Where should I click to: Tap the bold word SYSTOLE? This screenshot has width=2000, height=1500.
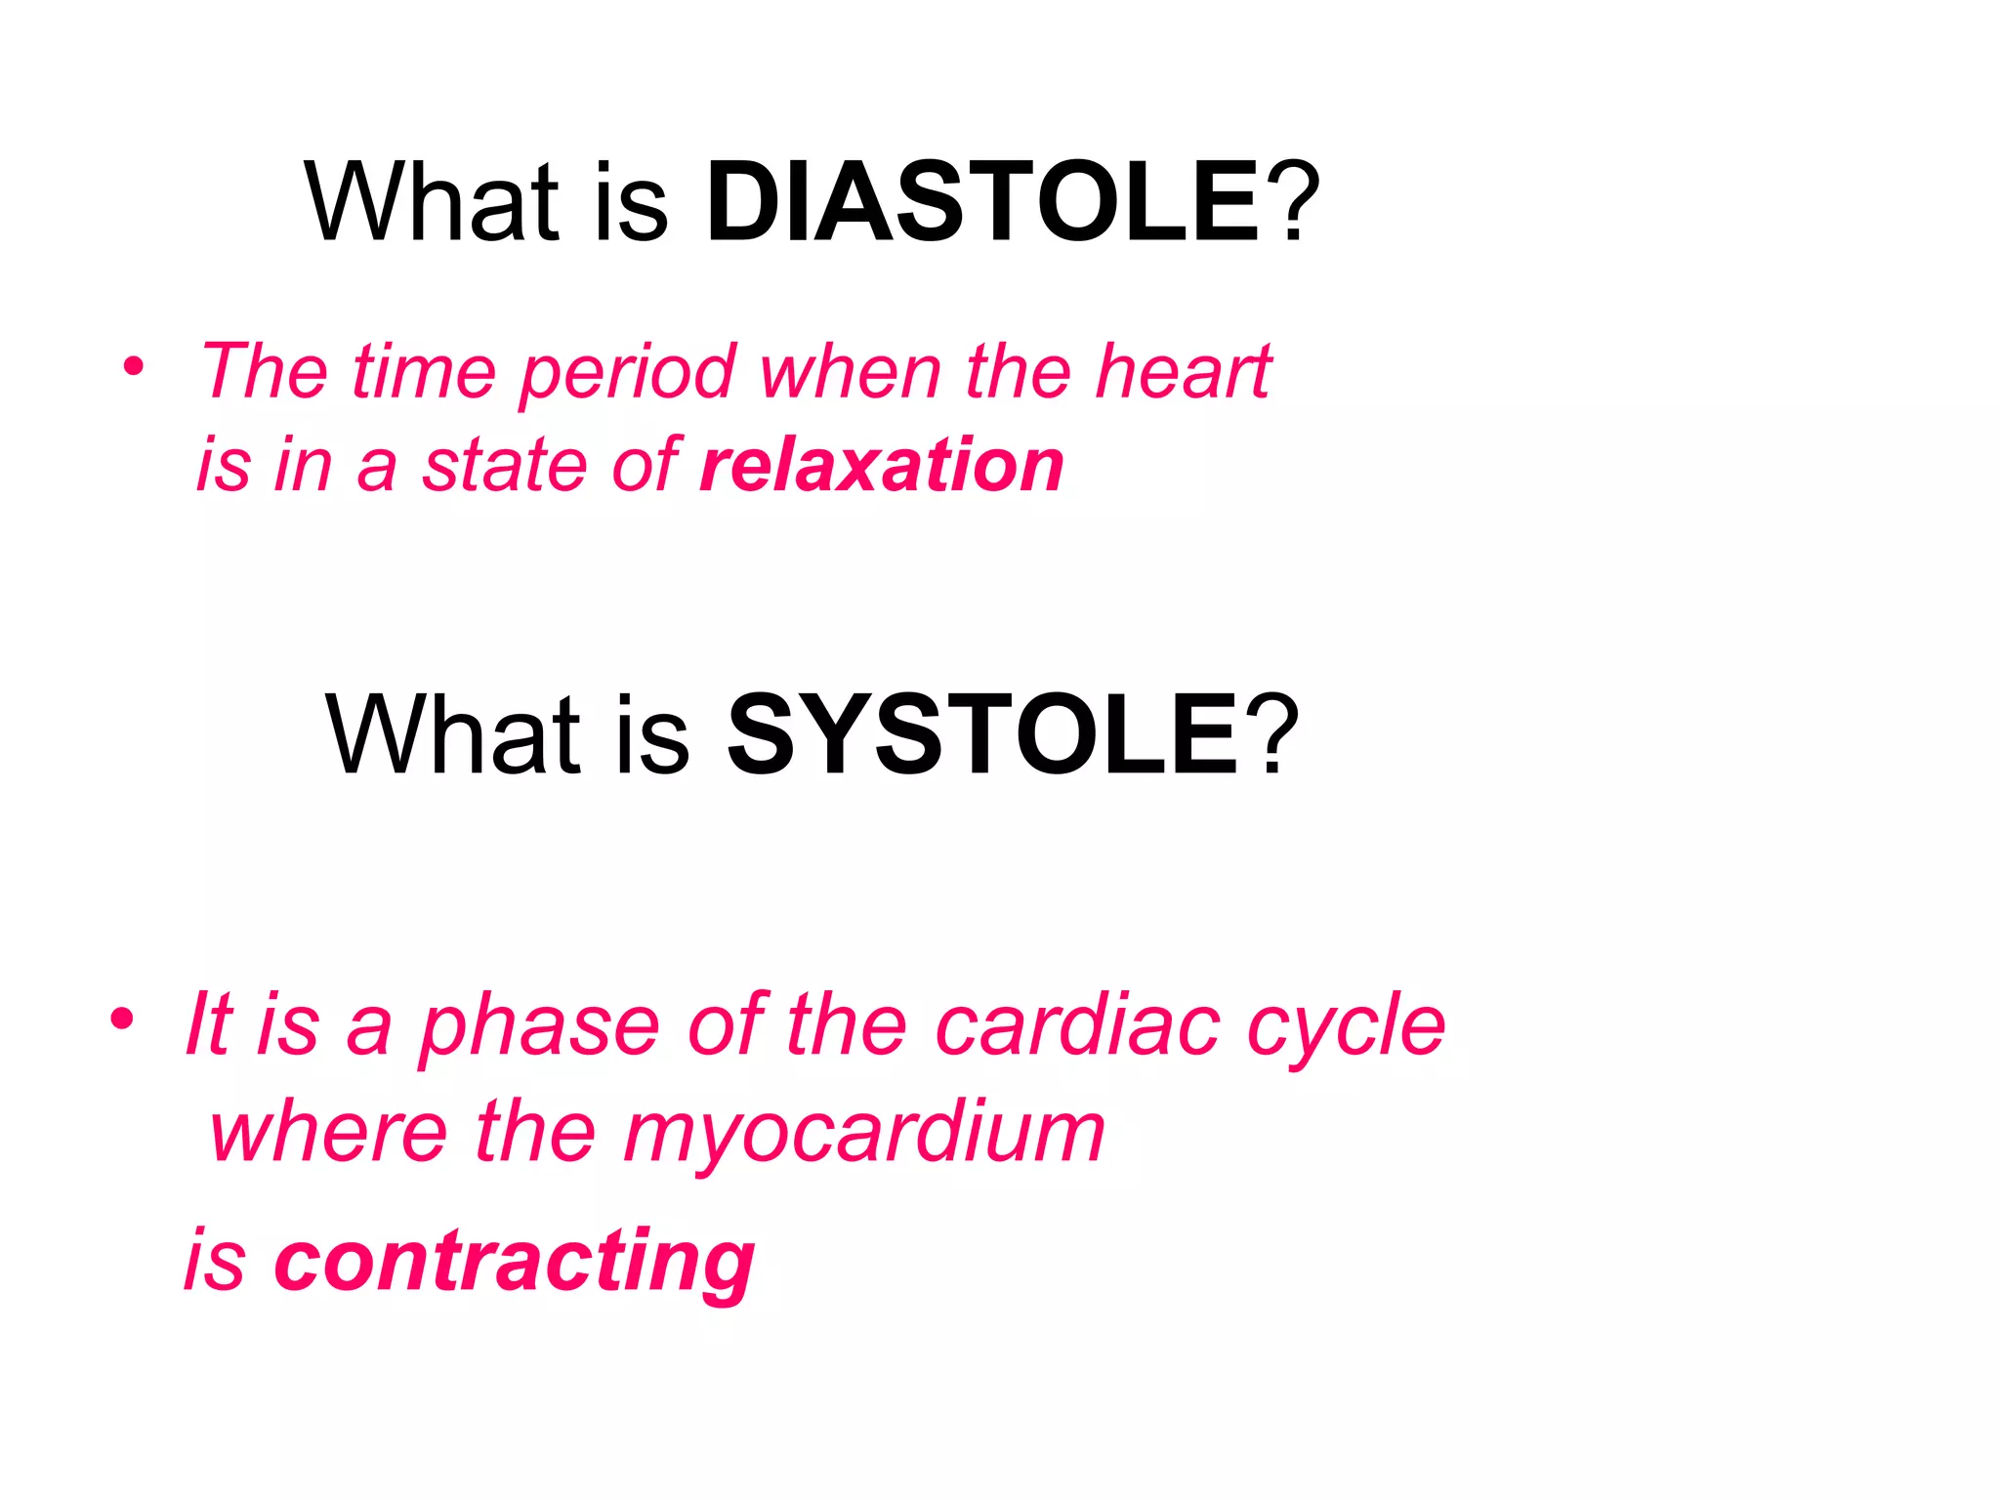point(982,734)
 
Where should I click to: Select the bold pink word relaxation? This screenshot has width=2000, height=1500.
point(882,465)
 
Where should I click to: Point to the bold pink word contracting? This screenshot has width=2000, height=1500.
point(515,1261)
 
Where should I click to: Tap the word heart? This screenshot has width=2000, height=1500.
point(1183,372)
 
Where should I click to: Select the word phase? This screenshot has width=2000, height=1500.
point(540,1029)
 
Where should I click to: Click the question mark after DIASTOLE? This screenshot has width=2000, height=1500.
point(1294,203)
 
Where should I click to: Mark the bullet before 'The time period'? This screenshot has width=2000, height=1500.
point(134,369)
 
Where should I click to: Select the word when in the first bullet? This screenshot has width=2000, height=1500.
point(851,372)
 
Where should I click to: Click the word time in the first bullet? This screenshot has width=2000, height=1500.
point(424,372)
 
